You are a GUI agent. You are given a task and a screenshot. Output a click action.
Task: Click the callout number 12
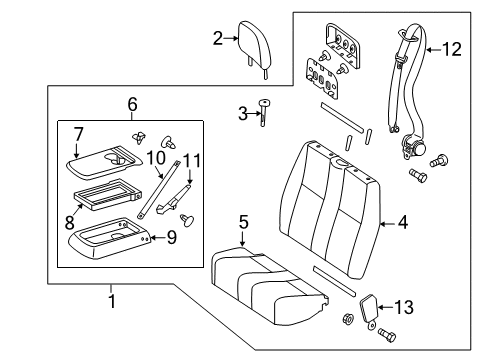tap(452, 49)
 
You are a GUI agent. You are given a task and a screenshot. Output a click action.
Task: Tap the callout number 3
tap(243, 114)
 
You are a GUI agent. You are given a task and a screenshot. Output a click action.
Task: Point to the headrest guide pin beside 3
tap(264, 112)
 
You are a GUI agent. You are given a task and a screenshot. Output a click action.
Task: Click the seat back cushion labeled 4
tap(330, 209)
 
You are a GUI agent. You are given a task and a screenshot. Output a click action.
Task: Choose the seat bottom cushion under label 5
tap(270, 286)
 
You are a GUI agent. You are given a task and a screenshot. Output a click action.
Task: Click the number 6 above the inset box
tap(132, 104)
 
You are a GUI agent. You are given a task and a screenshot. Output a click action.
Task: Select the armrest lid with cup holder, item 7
tap(104, 162)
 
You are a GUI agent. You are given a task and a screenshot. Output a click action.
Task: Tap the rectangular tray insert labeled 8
tap(107, 195)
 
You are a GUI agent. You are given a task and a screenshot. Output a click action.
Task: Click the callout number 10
tap(156, 158)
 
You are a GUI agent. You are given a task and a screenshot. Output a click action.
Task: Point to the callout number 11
tap(192, 161)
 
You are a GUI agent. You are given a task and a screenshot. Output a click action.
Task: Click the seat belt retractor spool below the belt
tap(413, 146)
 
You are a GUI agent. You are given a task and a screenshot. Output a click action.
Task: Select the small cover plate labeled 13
tap(369, 308)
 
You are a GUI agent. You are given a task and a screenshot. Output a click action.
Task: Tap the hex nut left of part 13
tap(348, 319)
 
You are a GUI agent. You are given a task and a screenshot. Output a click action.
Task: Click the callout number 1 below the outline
tap(112, 301)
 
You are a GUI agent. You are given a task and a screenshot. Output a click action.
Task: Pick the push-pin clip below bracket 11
tap(187, 221)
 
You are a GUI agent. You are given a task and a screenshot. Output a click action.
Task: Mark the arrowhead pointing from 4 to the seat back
tap(383, 224)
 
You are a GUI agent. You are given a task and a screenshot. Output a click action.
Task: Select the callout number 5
tap(244, 222)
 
